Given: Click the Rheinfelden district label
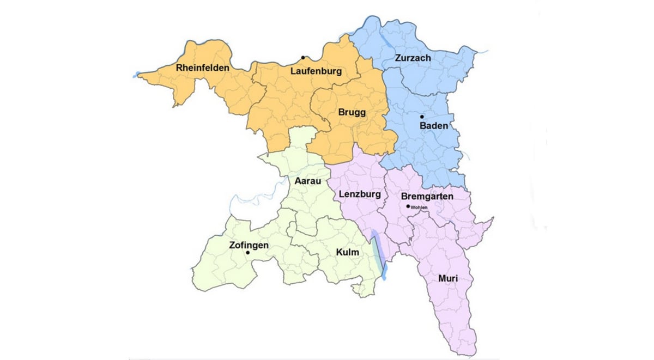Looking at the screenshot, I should pos(203,69).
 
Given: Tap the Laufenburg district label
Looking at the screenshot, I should pos(316,71).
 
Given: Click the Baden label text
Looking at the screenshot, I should pos(434,126).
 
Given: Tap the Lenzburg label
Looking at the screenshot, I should pos(359,194).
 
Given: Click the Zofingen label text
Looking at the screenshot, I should pos(249,245).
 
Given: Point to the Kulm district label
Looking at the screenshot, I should pos(347,252).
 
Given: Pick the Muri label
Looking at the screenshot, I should pos(447,279).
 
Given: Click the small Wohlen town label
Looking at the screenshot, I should pos(420,208).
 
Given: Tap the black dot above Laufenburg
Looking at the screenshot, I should pos(303,58).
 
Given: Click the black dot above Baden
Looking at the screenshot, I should pos(422,117).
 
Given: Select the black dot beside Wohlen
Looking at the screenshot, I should pos(408,206).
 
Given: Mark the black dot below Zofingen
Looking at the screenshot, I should pos(248,253).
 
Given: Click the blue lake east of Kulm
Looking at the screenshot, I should pos(379,253).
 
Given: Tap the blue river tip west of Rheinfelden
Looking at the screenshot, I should pos(136,75).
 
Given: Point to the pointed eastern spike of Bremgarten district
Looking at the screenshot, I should pos(493,218).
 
